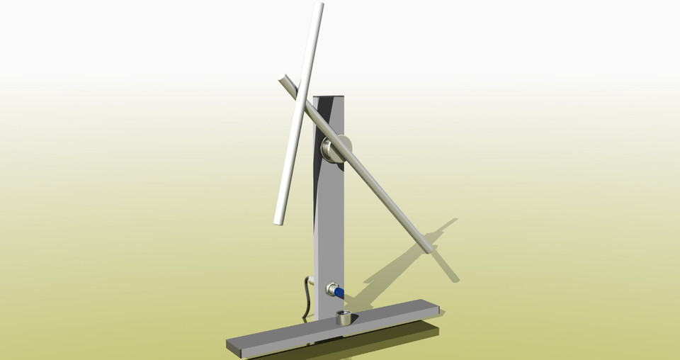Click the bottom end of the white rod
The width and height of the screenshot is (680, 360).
pos(278,221)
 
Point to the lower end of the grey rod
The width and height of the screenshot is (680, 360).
pos(427,247)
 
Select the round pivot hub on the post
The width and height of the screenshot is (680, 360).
pos(331,150)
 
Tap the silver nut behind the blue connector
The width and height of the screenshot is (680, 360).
pos(330,289)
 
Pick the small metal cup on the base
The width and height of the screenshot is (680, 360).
pos(344,318)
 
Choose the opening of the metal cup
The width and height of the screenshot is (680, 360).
pos(344,314)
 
